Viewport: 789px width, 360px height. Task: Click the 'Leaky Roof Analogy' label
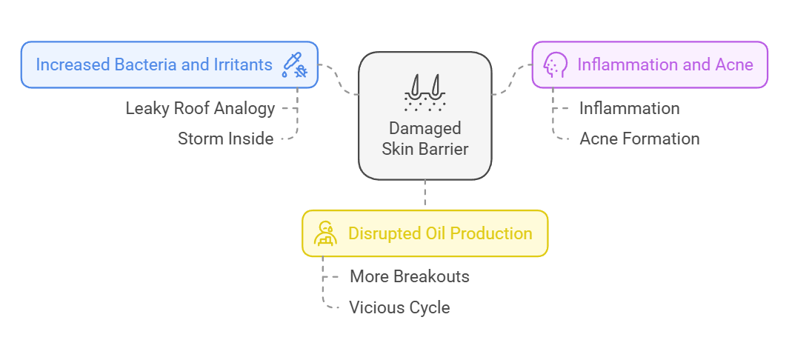(200, 108)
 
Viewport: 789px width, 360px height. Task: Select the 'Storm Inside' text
(225, 139)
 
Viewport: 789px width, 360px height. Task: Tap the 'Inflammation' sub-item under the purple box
(629, 108)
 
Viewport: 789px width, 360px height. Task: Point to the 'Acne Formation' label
(639, 139)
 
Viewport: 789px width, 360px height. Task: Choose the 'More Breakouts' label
(409, 276)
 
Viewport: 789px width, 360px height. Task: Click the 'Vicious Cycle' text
(399, 307)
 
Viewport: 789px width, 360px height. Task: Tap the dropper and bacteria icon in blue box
(294, 65)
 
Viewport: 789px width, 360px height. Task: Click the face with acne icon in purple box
(554, 64)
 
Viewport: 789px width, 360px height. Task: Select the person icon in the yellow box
(325, 233)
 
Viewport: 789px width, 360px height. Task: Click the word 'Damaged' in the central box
(425, 128)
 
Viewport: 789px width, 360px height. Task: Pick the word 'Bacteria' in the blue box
(143, 64)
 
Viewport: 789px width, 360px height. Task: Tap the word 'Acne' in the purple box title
(734, 64)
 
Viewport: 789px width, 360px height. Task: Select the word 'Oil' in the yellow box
(434, 233)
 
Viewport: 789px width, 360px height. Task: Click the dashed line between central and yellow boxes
(425, 195)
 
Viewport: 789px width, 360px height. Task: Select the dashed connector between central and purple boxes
(512, 80)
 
